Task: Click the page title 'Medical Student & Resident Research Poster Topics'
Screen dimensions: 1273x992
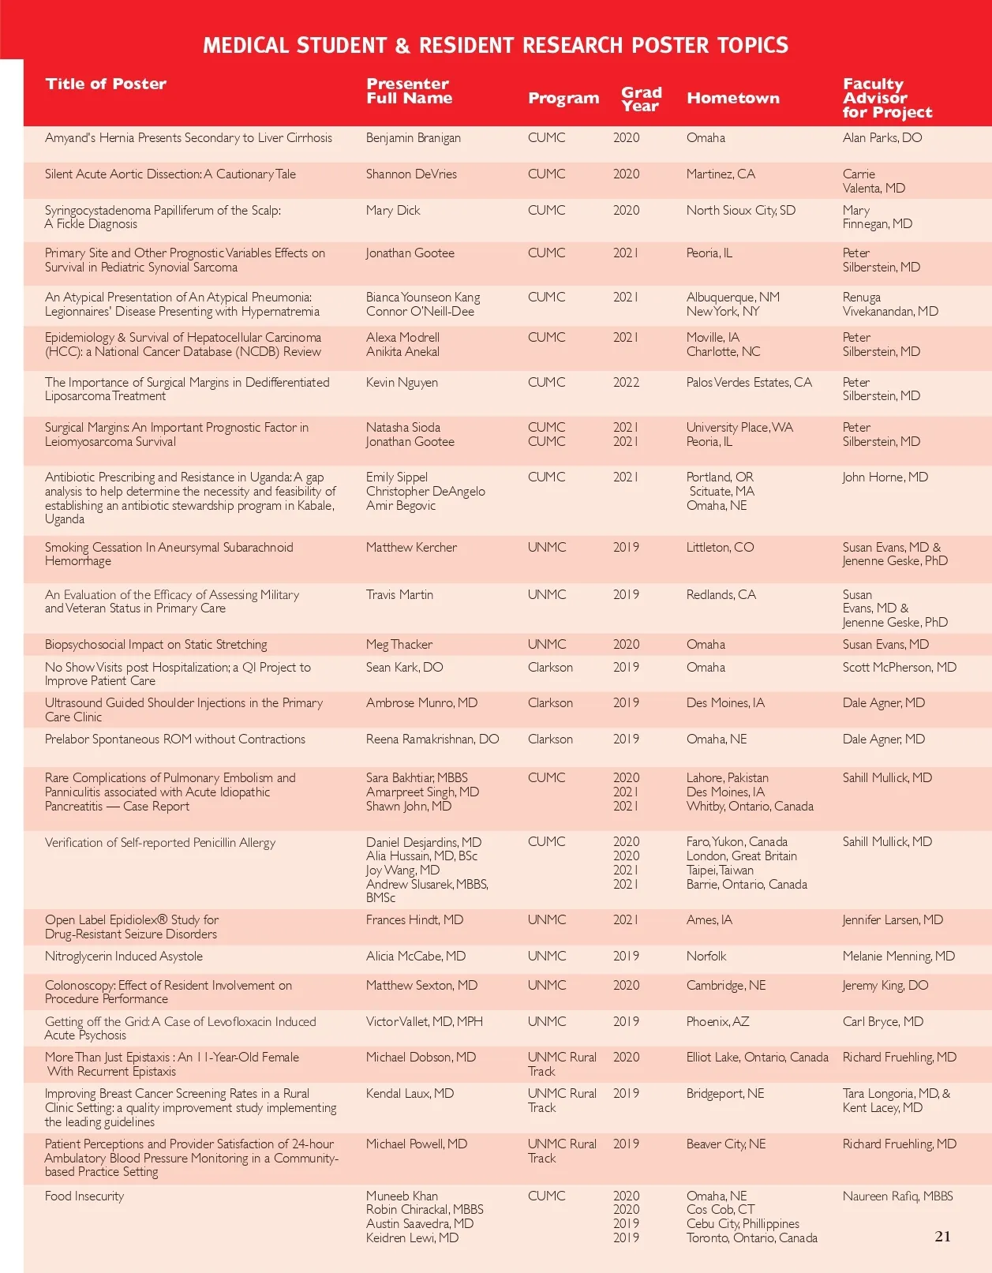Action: click(x=496, y=46)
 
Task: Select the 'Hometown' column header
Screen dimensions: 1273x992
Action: click(x=732, y=99)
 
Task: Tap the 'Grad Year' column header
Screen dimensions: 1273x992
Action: click(x=641, y=99)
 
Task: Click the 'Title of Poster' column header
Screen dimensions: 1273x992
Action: click(x=106, y=84)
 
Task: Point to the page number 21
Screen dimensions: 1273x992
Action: click(x=942, y=1237)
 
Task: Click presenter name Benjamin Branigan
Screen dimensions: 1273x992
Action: click(x=413, y=138)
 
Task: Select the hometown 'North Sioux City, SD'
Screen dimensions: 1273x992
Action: click(x=740, y=211)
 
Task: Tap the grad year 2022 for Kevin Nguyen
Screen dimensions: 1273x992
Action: click(x=626, y=383)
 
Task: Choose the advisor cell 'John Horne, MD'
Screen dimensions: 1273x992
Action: click(x=885, y=477)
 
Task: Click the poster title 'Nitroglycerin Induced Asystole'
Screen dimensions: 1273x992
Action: click(x=124, y=957)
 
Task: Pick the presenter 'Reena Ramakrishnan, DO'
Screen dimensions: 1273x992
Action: click(x=432, y=739)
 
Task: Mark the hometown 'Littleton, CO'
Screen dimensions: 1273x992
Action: click(x=720, y=548)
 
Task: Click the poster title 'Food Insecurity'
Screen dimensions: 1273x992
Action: click(x=84, y=1196)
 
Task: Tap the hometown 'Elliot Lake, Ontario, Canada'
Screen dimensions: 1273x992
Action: click(x=757, y=1058)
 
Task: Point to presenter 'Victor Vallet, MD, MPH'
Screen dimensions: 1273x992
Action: click(x=424, y=1022)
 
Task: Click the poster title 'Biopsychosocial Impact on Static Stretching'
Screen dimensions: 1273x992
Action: click(x=155, y=645)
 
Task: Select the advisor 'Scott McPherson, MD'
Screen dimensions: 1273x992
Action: click(x=899, y=668)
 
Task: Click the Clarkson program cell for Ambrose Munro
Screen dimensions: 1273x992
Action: click(x=550, y=703)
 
